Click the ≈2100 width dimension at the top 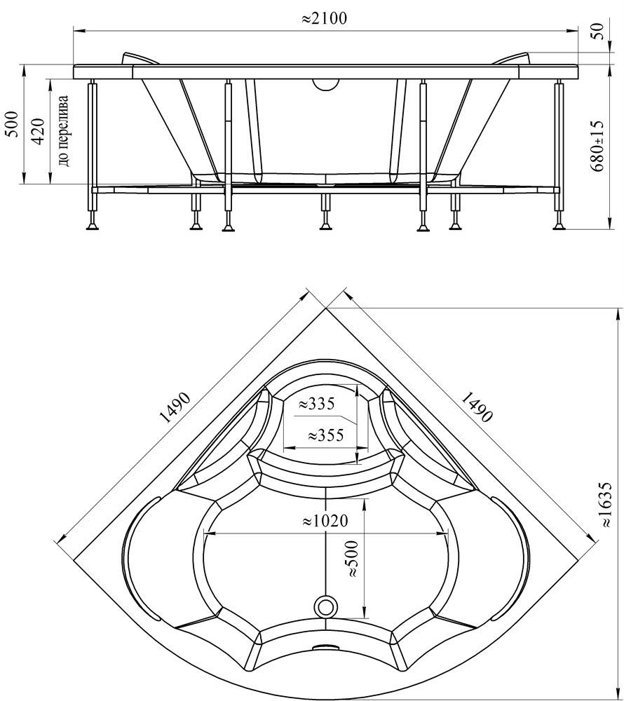coord(324,18)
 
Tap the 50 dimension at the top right coord(599,32)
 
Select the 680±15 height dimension coord(597,146)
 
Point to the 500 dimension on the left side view coord(13,124)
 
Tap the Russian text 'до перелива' coord(64,130)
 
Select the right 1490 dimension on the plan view coord(477,407)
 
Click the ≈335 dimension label coord(316,404)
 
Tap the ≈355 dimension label coord(325,435)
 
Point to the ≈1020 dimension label coord(325,521)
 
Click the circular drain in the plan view coord(326,607)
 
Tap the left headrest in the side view coord(140,59)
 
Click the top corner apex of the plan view coord(326,308)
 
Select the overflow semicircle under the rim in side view coord(326,83)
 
